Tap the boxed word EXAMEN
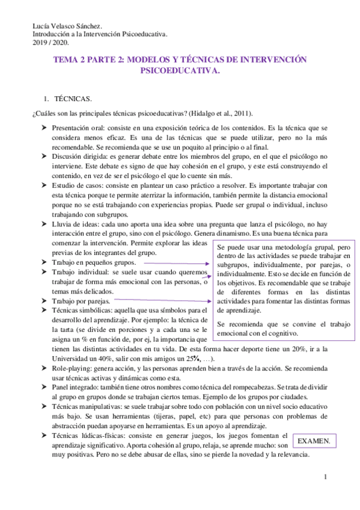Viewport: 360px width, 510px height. [314, 441]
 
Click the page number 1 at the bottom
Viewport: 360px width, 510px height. [325, 477]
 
